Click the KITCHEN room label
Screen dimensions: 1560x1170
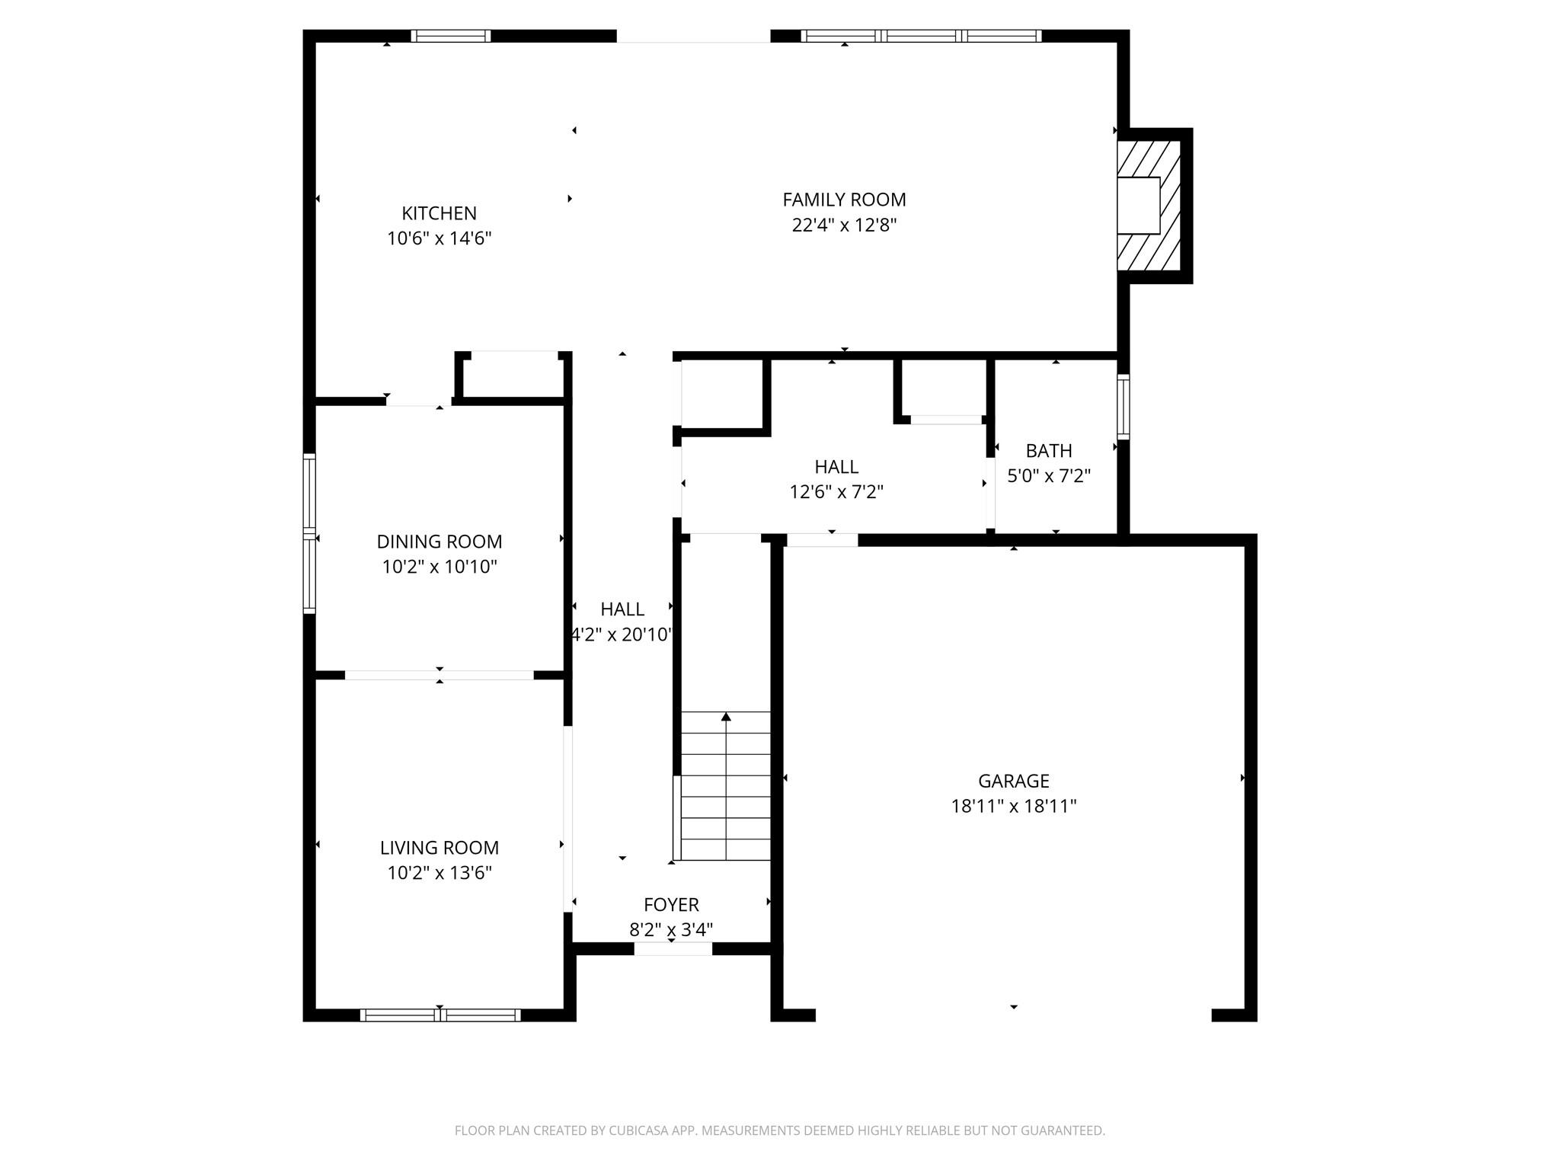click(439, 213)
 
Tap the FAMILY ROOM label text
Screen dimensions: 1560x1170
click(844, 200)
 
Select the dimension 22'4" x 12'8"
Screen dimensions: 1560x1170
click(844, 225)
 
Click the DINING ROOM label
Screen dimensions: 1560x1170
click(439, 542)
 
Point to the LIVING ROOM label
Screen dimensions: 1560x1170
click(439, 848)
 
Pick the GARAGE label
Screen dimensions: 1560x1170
click(1013, 781)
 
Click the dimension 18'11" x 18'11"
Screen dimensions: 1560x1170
click(1013, 806)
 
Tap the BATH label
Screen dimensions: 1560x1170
click(1049, 451)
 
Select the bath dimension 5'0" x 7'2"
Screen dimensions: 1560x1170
click(1049, 476)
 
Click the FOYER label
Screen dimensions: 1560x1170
click(671, 905)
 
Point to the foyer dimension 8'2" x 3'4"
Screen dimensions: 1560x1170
click(671, 930)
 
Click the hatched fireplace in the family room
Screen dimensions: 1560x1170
click(1149, 206)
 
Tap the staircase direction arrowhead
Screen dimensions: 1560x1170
click(726, 717)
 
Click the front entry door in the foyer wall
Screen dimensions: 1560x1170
click(673, 948)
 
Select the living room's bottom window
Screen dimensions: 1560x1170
click(440, 1015)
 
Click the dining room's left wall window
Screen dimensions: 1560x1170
click(309, 533)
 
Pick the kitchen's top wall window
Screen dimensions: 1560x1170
click(450, 36)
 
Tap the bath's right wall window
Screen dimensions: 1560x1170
click(1123, 407)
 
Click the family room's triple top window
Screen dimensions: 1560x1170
click(921, 36)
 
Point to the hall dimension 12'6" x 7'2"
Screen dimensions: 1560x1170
click(836, 492)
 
